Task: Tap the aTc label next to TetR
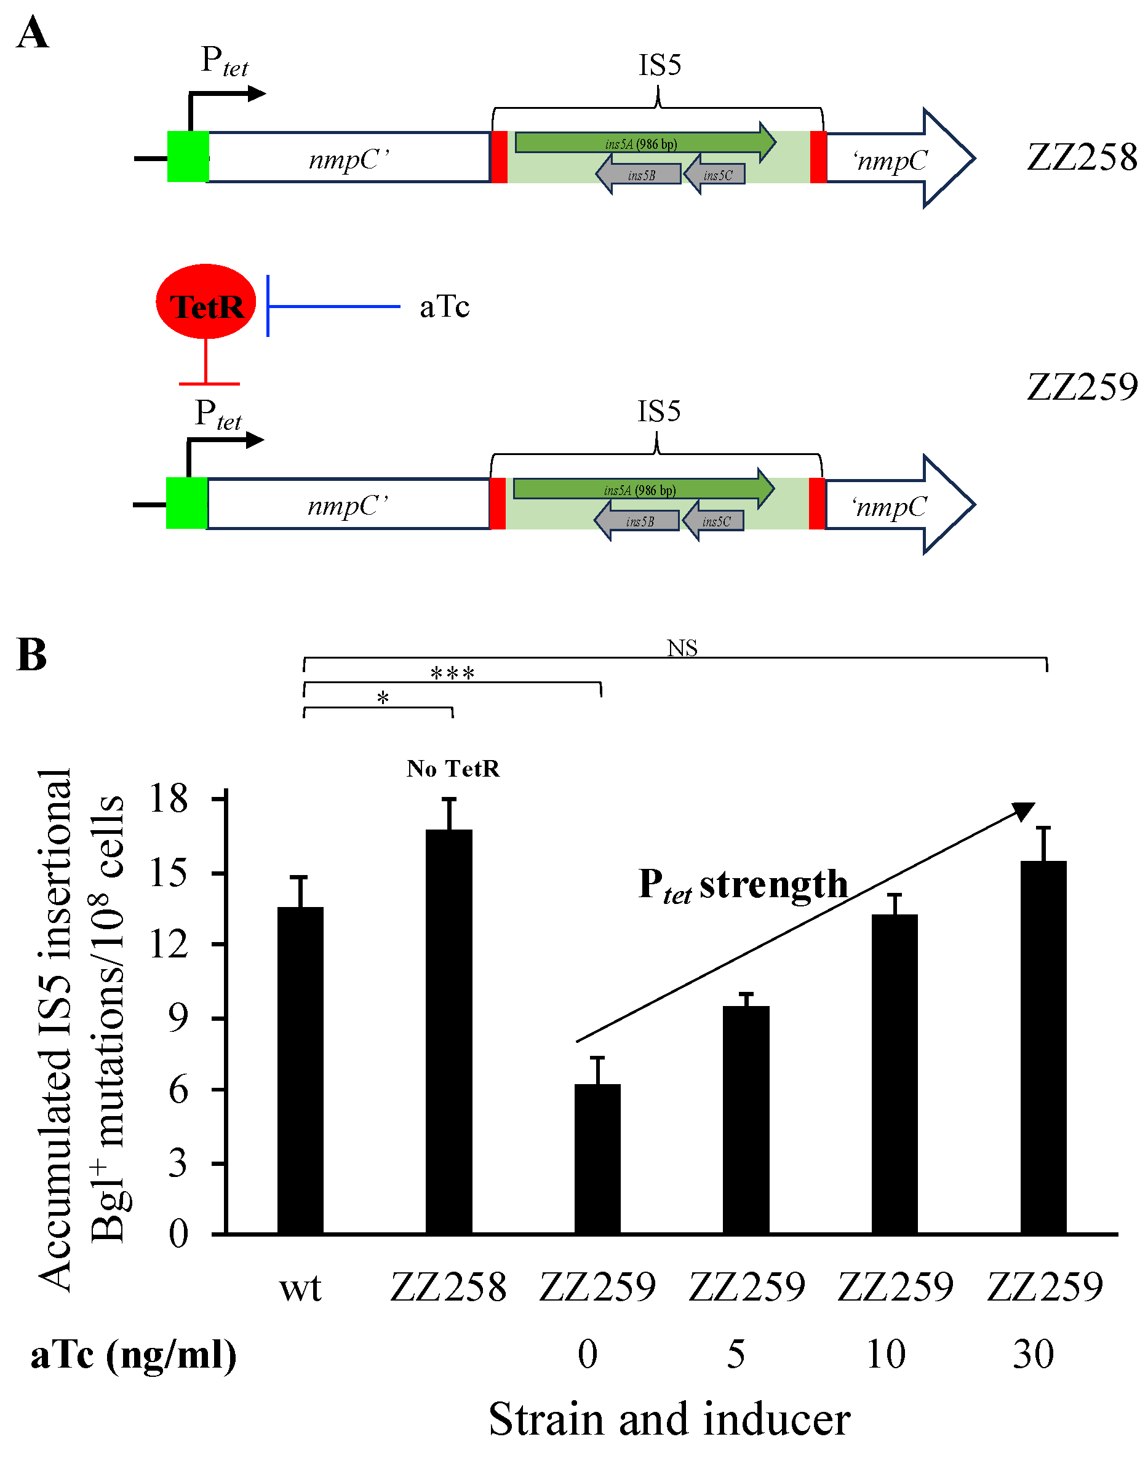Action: click(x=444, y=307)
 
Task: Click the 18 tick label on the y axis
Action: click(x=169, y=799)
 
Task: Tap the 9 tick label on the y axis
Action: click(x=178, y=1018)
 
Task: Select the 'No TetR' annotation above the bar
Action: click(x=453, y=769)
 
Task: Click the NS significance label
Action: click(x=682, y=648)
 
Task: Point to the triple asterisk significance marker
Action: click(x=452, y=673)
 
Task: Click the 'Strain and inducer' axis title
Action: click(x=669, y=1419)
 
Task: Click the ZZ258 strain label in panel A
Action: click(x=1082, y=157)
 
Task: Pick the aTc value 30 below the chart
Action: click(x=1034, y=1354)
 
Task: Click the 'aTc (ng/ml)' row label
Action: click(x=134, y=1355)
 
